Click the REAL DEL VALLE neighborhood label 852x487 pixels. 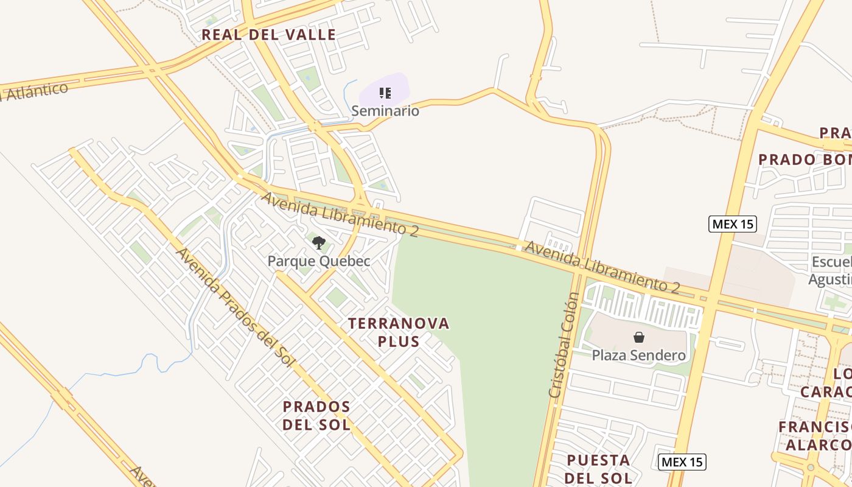(268, 35)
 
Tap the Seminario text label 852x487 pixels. (385, 111)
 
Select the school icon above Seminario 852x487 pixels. (385, 93)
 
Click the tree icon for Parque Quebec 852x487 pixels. (318, 243)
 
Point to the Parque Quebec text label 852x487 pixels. (319, 261)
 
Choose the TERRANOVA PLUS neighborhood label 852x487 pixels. (399, 332)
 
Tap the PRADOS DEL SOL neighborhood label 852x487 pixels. (316, 415)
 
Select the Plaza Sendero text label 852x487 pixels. (639, 355)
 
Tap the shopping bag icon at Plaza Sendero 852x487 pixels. (639, 337)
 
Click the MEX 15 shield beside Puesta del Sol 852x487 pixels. (682, 461)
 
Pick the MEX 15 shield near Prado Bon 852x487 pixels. (733, 224)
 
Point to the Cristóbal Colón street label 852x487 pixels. (564, 345)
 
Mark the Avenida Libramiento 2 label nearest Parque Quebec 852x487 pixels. (340, 213)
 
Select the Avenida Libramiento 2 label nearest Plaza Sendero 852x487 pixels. (601, 267)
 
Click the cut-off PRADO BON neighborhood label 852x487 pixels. (805, 159)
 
